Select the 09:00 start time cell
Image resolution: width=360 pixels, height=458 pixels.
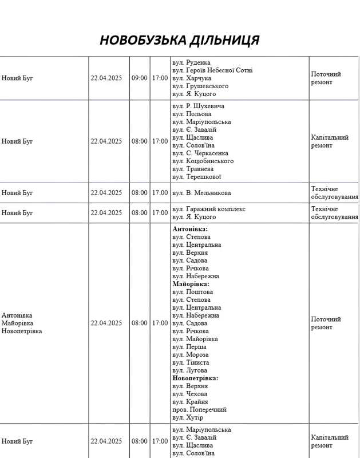click(139, 78)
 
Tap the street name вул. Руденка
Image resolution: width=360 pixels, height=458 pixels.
click(191, 62)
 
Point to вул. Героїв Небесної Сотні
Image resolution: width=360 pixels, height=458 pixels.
click(212, 70)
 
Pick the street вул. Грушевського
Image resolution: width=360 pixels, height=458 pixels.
click(200, 86)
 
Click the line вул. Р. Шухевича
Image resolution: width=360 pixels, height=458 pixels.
click(198, 106)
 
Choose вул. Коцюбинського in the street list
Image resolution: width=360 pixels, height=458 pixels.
click(203, 161)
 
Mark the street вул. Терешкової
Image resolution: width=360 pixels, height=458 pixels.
click(196, 177)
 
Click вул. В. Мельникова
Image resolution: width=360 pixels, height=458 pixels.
click(201, 193)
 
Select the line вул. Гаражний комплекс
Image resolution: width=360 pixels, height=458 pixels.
click(209, 209)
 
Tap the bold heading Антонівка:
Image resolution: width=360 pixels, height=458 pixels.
click(190, 229)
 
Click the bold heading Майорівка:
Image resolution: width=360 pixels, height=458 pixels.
click(191, 284)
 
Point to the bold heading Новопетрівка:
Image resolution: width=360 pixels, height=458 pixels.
click(195, 378)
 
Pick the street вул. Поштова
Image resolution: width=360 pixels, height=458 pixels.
click(192, 292)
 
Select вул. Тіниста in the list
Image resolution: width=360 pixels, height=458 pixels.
click(191, 362)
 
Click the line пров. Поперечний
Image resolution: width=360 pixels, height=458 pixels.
click(199, 409)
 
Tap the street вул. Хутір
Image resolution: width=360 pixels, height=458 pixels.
click(188, 417)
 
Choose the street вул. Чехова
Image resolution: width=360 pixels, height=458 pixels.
click(190, 394)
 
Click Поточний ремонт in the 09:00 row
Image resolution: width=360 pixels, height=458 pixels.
click(326, 78)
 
